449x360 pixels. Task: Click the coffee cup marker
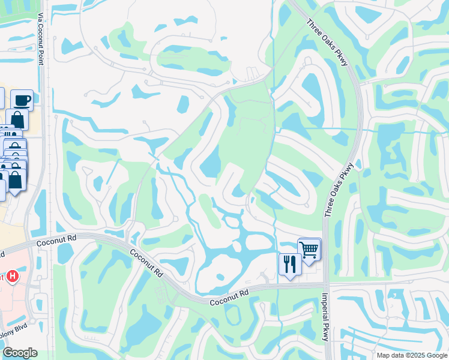pyautogui.click(x=22, y=100)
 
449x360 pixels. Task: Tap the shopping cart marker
pyautogui.click(x=309, y=248)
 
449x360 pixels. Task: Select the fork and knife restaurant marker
pyautogui.click(x=290, y=263)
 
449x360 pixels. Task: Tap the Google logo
pyautogui.click(x=20, y=353)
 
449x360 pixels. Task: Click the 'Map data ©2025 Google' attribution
pyautogui.click(x=411, y=355)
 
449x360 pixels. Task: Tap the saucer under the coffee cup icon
pyautogui.click(x=22, y=105)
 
